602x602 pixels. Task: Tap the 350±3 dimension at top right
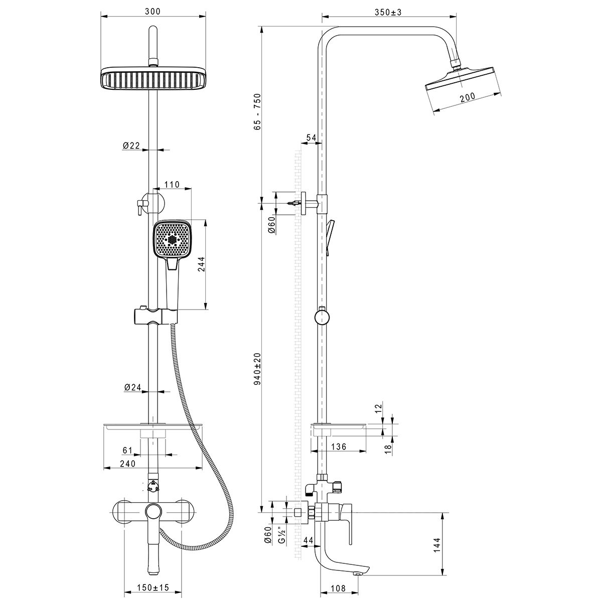click(389, 12)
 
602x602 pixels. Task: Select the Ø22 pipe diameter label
click(131, 145)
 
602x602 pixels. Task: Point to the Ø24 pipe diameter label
click(131, 387)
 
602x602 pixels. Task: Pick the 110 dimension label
click(172, 185)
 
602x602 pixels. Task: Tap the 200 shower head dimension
click(468, 99)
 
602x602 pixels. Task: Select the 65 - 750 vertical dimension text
click(257, 112)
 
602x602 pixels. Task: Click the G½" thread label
click(282, 538)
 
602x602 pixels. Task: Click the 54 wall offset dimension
click(311, 137)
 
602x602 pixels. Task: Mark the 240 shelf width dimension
click(128, 464)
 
